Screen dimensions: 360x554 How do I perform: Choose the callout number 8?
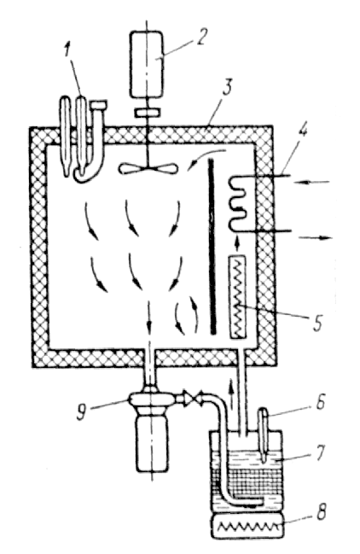tap(321, 512)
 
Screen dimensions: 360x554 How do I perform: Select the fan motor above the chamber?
tap(148, 64)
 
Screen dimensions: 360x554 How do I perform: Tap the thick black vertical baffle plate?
tap(212, 246)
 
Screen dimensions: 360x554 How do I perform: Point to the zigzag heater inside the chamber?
tap(240, 298)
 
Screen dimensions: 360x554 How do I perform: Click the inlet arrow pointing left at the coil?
tap(312, 183)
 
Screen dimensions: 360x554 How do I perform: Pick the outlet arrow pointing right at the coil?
tap(316, 238)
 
